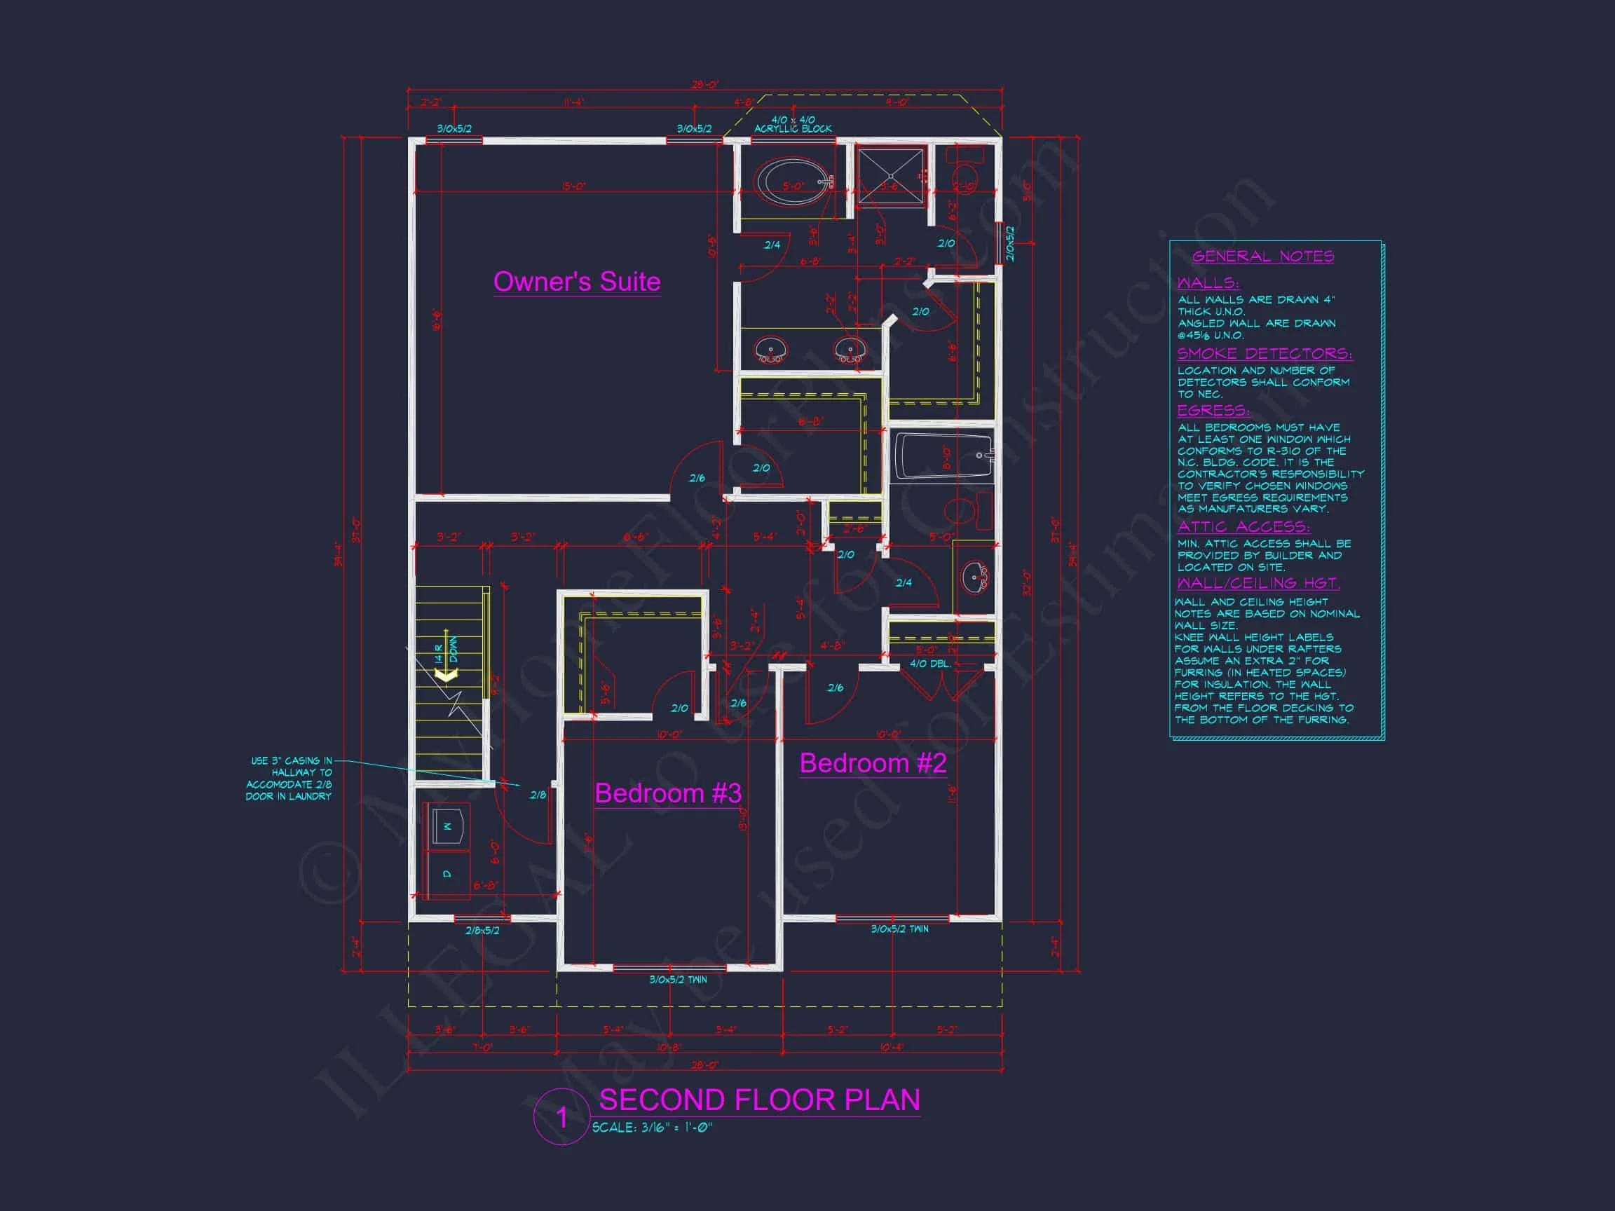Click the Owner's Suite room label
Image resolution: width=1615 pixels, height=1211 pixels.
(x=576, y=282)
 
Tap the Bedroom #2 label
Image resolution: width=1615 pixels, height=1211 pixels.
(x=873, y=764)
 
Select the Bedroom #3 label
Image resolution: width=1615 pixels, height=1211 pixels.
(x=667, y=793)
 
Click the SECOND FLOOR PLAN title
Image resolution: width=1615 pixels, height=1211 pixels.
(x=758, y=1100)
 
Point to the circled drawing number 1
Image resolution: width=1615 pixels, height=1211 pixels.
(x=561, y=1118)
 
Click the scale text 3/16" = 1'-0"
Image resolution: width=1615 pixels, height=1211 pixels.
(x=651, y=1128)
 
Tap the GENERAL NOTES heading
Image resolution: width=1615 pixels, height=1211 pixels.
(x=1262, y=256)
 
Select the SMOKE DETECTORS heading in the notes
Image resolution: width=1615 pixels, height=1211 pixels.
(x=1264, y=353)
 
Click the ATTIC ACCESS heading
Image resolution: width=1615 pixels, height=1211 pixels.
(x=1243, y=526)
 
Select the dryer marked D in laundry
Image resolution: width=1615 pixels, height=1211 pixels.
(x=447, y=874)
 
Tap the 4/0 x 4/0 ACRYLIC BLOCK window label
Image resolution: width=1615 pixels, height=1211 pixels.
(x=793, y=124)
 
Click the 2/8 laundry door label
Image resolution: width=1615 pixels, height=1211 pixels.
(x=538, y=795)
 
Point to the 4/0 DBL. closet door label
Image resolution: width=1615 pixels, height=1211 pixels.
(x=929, y=664)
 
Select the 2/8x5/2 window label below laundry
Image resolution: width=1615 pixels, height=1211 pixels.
(x=482, y=931)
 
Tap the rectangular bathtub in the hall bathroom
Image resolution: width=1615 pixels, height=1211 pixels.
(x=942, y=456)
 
